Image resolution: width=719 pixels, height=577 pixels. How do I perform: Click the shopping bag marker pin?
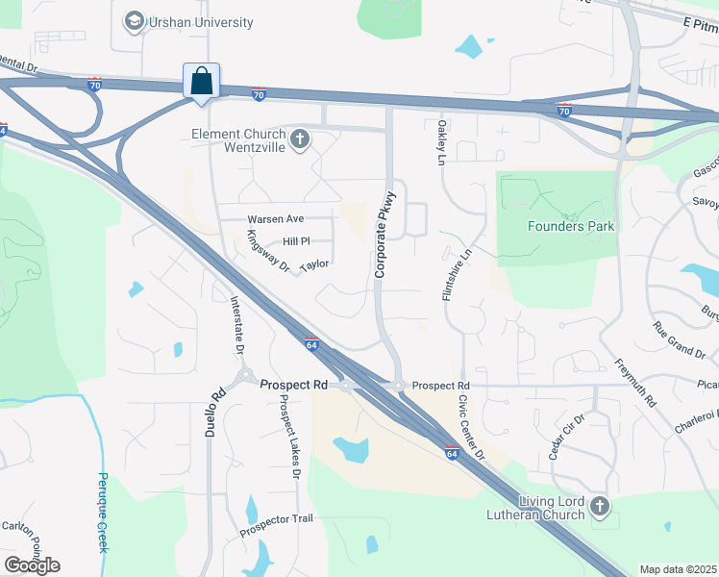pyautogui.click(x=202, y=81)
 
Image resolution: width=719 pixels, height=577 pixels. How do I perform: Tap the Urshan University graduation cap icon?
pyautogui.click(x=134, y=20)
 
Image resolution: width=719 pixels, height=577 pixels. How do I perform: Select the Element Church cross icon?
pyautogui.click(x=300, y=140)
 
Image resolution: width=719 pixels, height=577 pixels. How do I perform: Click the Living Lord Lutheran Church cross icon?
pyautogui.click(x=600, y=505)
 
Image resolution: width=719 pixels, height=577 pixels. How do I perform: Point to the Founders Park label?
pyautogui.click(x=571, y=226)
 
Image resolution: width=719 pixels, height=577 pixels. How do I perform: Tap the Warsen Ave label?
pyautogui.click(x=276, y=219)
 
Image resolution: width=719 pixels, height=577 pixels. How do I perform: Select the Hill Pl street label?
pyautogui.click(x=296, y=241)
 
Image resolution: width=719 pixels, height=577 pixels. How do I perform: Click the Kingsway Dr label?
pyautogui.click(x=267, y=251)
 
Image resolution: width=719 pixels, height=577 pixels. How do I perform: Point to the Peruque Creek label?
pyautogui.click(x=104, y=513)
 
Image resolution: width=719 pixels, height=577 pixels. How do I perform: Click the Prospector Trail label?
pyautogui.click(x=276, y=524)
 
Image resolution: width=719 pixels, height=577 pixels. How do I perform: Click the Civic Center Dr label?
pyautogui.click(x=469, y=425)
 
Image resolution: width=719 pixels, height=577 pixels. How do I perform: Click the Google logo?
pyautogui.click(x=32, y=564)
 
